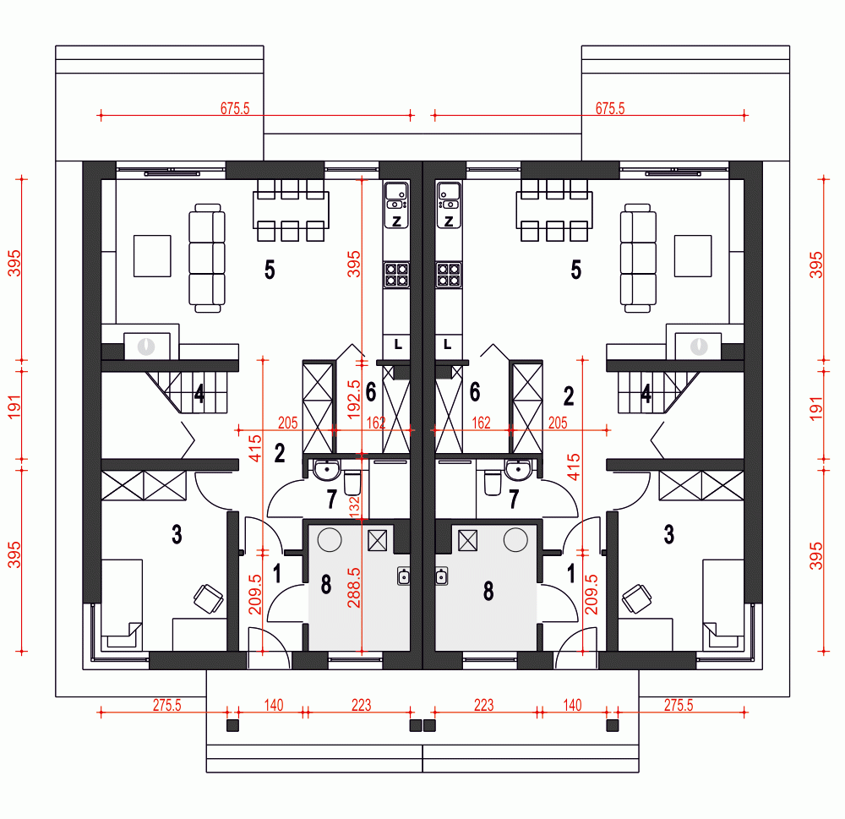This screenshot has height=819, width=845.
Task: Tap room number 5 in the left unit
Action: pyautogui.click(x=270, y=270)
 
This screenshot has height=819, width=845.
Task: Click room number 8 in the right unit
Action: pyautogui.click(x=488, y=591)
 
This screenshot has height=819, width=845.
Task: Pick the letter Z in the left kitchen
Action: pyautogui.click(x=395, y=221)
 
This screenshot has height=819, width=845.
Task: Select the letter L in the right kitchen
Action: pyautogui.click(x=448, y=344)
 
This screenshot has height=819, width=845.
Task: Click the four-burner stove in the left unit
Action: pyautogui.click(x=395, y=274)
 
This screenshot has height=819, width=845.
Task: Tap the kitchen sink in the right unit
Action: pyautogui.click(x=448, y=196)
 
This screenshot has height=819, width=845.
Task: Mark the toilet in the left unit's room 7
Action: pyautogui.click(x=353, y=482)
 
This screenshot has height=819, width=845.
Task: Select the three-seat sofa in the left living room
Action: pyautogui.click(x=206, y=257)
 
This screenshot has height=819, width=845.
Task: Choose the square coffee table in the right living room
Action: pyautogui.click(x=693, y=256)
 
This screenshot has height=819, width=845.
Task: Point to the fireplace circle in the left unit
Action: pyautogui.click(x=147, y=346)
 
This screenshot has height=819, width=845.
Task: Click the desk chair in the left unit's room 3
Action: pyautogui.click(x=208, y=598)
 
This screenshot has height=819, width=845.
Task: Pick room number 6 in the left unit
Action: pyautogui.click(x=370, y=391)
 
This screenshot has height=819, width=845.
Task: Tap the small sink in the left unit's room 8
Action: pyautogui.click(x=403, y=576)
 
